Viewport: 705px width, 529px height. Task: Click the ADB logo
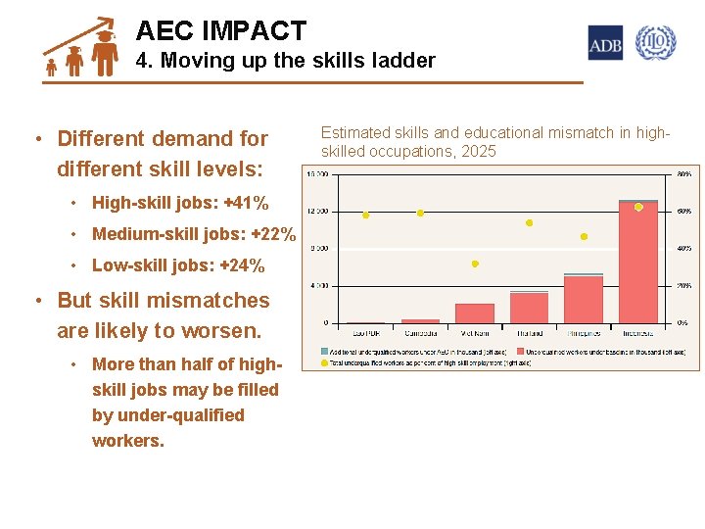point(605,43)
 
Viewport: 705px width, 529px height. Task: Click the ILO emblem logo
point(655,43)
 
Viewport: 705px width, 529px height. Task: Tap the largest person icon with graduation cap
point(105,52)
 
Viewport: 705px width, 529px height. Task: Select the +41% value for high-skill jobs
point(246,204)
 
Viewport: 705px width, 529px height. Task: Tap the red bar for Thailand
point(529,307)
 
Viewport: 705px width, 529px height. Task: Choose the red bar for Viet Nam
point(475,313)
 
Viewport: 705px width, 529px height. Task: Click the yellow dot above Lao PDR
point(366,216)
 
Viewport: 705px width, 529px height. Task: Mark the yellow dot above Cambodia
point(420,213)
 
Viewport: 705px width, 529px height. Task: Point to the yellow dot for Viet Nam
point(475,264)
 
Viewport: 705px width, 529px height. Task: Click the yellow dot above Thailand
point(529,223)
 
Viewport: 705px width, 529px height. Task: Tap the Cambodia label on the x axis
point(420,334)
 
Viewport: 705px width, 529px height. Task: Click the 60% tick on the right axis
point(684,212)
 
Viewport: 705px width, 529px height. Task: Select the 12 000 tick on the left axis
point(317,212)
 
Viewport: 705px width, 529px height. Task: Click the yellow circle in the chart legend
point(325,362)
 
